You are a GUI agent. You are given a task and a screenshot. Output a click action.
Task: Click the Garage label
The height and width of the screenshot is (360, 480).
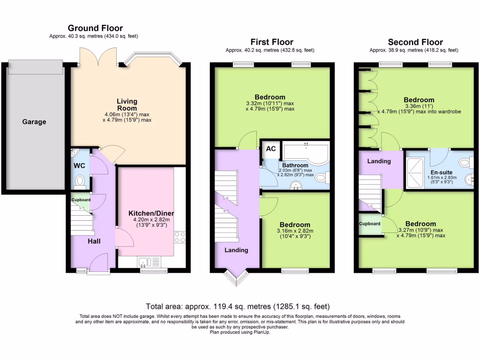tap(34, 122)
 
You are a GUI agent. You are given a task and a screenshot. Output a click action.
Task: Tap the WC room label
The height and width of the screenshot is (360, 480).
tap(78, 165)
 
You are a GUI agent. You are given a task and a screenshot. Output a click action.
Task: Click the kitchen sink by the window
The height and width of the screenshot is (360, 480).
tap(144, 262)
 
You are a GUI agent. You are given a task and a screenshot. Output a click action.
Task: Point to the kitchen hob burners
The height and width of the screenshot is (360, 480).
tap(180, 237)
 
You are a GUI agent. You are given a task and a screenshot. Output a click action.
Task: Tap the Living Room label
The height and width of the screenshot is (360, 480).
tap(127, 105)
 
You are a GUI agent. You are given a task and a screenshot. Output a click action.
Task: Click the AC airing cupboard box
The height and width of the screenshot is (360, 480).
tap(270, 149)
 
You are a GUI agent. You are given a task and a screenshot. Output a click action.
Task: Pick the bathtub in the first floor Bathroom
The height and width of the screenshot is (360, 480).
tap(304, 150)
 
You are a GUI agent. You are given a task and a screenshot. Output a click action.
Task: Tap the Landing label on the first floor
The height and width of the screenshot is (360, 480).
tap(236, 250)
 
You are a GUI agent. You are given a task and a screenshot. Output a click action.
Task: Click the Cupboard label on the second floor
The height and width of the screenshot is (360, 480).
tap(370, 224)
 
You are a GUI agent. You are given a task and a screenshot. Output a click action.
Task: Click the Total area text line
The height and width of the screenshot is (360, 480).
tap(238, 307)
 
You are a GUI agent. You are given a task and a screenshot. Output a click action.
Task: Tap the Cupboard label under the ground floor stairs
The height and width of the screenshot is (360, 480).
tap(81, 200)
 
